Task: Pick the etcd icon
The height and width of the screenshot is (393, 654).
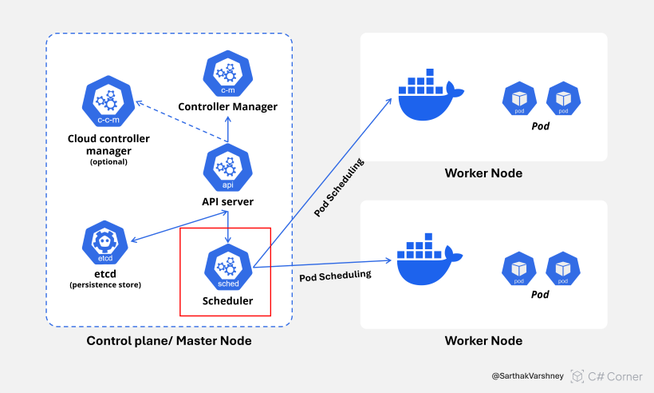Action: [107, 245]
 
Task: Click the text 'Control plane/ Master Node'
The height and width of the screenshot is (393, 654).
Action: [169, 341]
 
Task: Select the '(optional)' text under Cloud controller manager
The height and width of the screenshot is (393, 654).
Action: [108, 162]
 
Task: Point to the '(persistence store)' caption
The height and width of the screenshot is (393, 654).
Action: [105, 284]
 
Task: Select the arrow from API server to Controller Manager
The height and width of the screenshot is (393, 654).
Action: [228, 128]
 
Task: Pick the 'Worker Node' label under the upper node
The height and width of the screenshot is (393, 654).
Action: [483, 174]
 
